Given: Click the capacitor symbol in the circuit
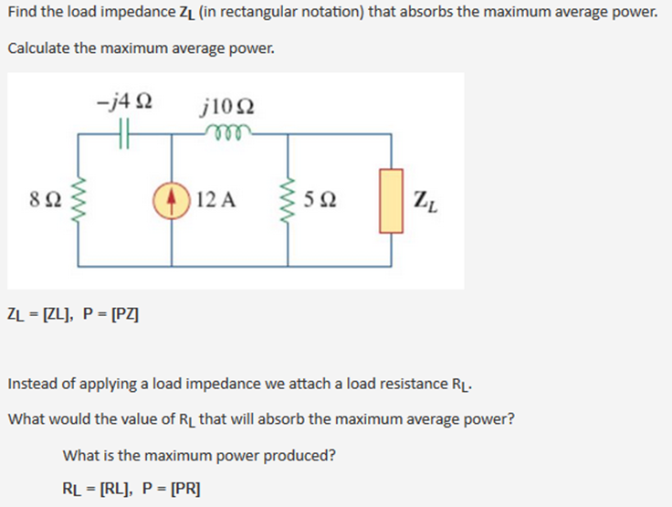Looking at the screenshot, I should [x=125, y=133].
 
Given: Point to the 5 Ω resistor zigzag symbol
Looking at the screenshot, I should [x=289, y=200].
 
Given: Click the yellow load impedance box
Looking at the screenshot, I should [x=392, y=200].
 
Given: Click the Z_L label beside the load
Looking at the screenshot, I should [x=425, y=200].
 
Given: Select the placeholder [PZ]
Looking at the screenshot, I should [x=122, y=315].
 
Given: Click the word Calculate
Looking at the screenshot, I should [x=38, y=48].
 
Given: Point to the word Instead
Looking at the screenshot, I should [x=33, y=383].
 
